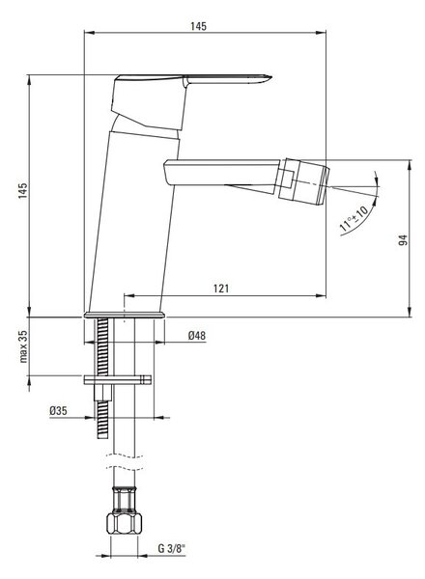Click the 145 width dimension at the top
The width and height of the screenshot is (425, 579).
pos(198,27)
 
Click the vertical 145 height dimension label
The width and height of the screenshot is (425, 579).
pos(23,190)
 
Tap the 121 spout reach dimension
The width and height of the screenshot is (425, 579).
pos(221,289)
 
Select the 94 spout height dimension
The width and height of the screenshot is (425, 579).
pos(403,240)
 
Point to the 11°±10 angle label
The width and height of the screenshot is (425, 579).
pos(354,220)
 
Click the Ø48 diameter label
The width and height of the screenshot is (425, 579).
pos(197,336)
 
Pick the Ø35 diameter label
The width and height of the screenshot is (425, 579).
pos(58,411)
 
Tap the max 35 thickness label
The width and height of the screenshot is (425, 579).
pos(23,346)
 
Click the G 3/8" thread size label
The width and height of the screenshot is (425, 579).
pos(172,549)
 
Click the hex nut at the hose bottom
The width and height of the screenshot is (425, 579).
pos(125,523)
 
